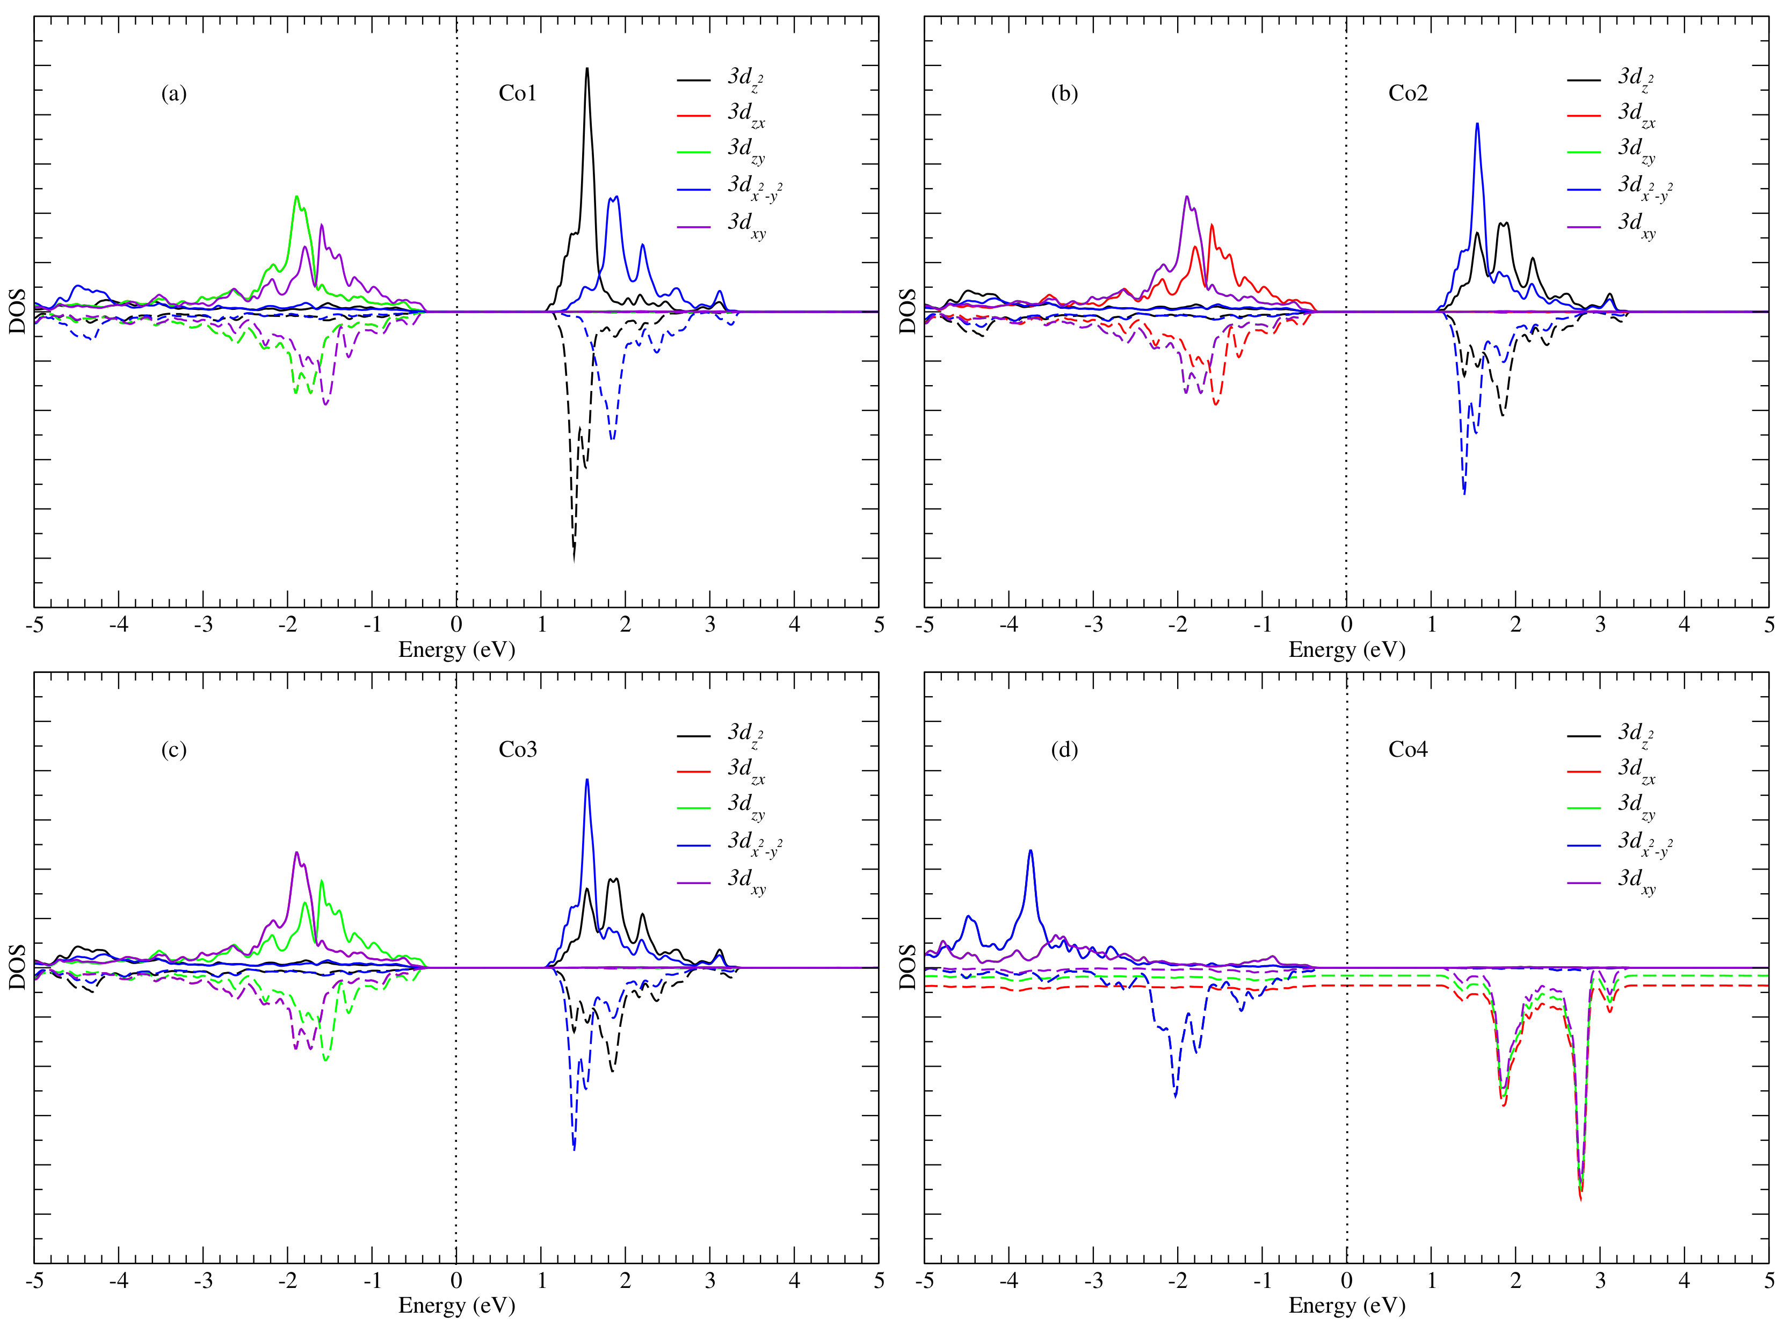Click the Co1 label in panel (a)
tap(517, 94)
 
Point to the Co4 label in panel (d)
tap(1407, 749)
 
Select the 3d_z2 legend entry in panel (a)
tap(745, 78)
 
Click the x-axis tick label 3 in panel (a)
tap(710, 625)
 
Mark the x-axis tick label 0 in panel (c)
tap(456, 1281)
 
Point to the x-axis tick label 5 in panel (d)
tap(1768, 1281)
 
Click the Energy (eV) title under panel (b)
tap(1346, 650)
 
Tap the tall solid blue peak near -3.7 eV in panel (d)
tap(1031, 852)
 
